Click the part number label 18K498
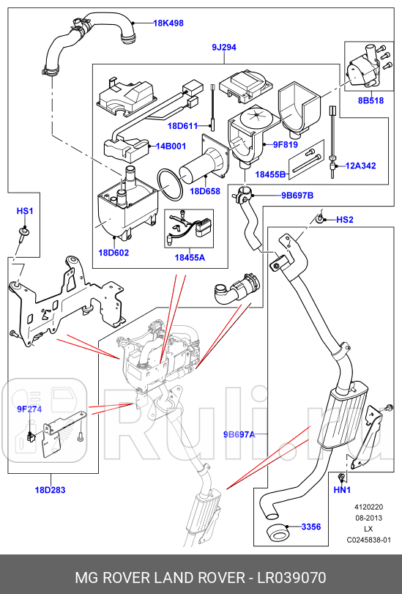click(x=168, y=23)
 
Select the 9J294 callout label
click(x=224, y=48)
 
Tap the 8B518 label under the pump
click(x=371, y=100)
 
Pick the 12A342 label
click(x=360, y=166)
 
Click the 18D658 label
click(x=205, y=191)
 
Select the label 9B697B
click(x=297, y=196)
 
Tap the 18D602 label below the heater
click(x=113, y=253)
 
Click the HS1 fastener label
click(x=25, y=211)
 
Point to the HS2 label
click(x=345, y=220)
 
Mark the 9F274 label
click(x=21, y=409)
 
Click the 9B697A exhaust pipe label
click(x=239, y=434)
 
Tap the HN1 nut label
click(x=343, y=489)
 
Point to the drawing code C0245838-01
click(x=370, y=541)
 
